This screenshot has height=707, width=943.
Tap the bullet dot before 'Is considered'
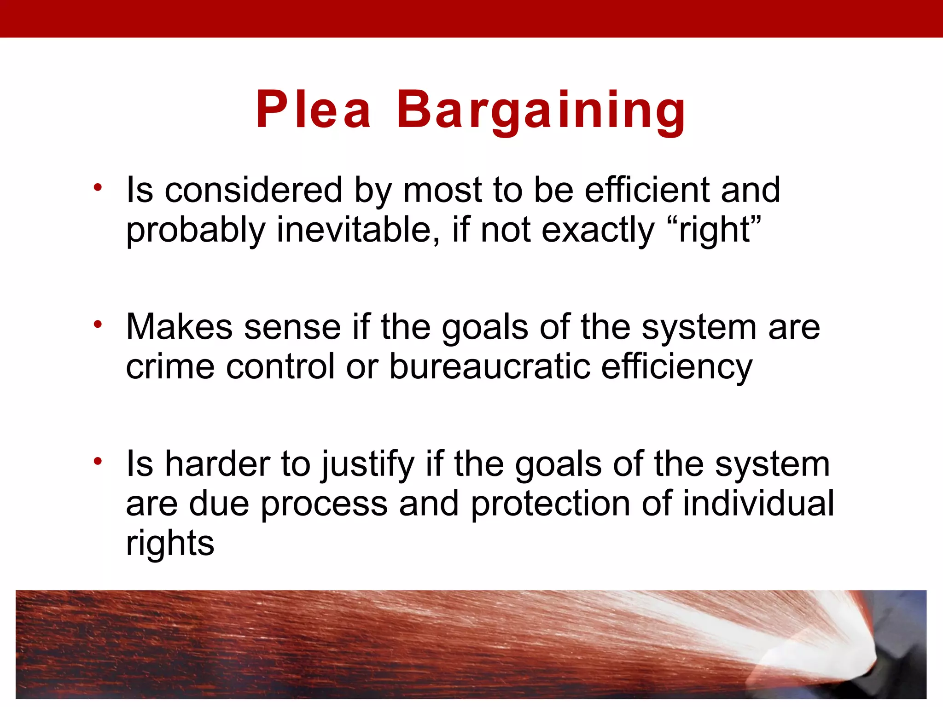pyautogui.click(x=97, y=187)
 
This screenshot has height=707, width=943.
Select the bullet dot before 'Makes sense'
pyautogui.click(x=97, y=325)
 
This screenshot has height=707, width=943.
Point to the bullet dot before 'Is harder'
pyautogui.click(x=97, y=461)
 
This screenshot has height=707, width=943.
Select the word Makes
pyautogui.click(x=179, y=327)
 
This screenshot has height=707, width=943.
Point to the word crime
pyautogui.click(x=170, y=366)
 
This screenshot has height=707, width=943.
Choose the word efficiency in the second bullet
pyautogui.click(x=676, y=367)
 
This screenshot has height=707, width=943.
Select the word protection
pyautogui.click(x=550, y=504)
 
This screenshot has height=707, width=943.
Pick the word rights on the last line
pyautogui.click(x=170, y=543)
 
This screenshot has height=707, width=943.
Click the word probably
pyautogui.click(x=196, y=230)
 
